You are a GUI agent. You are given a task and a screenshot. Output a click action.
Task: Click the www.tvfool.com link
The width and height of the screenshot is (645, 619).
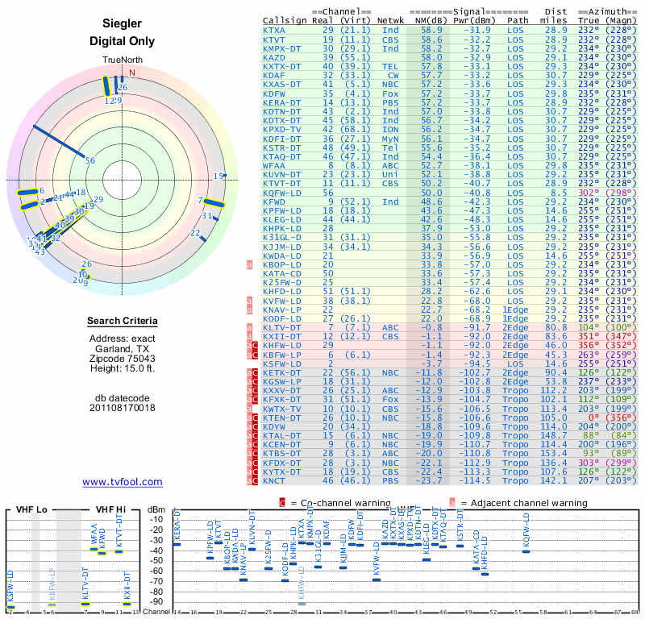point(123,482)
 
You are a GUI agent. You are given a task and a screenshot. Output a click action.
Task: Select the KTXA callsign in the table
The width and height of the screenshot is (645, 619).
point(274,30)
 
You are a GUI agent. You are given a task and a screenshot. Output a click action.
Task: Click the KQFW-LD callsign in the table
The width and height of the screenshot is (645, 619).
point(281,193)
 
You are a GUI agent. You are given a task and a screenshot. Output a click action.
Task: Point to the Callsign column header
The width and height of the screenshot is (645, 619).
point(285,20)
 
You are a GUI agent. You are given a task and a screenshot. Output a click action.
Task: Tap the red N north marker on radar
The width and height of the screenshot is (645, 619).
point(132,72)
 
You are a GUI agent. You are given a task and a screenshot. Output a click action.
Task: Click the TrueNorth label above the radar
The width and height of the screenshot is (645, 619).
point(123,61)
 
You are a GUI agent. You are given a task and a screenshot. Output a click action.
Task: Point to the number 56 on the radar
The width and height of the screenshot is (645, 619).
point(90,160)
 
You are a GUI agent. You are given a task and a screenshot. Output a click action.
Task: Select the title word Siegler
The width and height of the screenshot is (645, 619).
point(123,24)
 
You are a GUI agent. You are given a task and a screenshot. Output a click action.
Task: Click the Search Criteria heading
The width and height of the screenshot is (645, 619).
point(123,322)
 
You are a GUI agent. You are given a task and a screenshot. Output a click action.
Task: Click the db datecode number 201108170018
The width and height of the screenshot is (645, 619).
point(123,408)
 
